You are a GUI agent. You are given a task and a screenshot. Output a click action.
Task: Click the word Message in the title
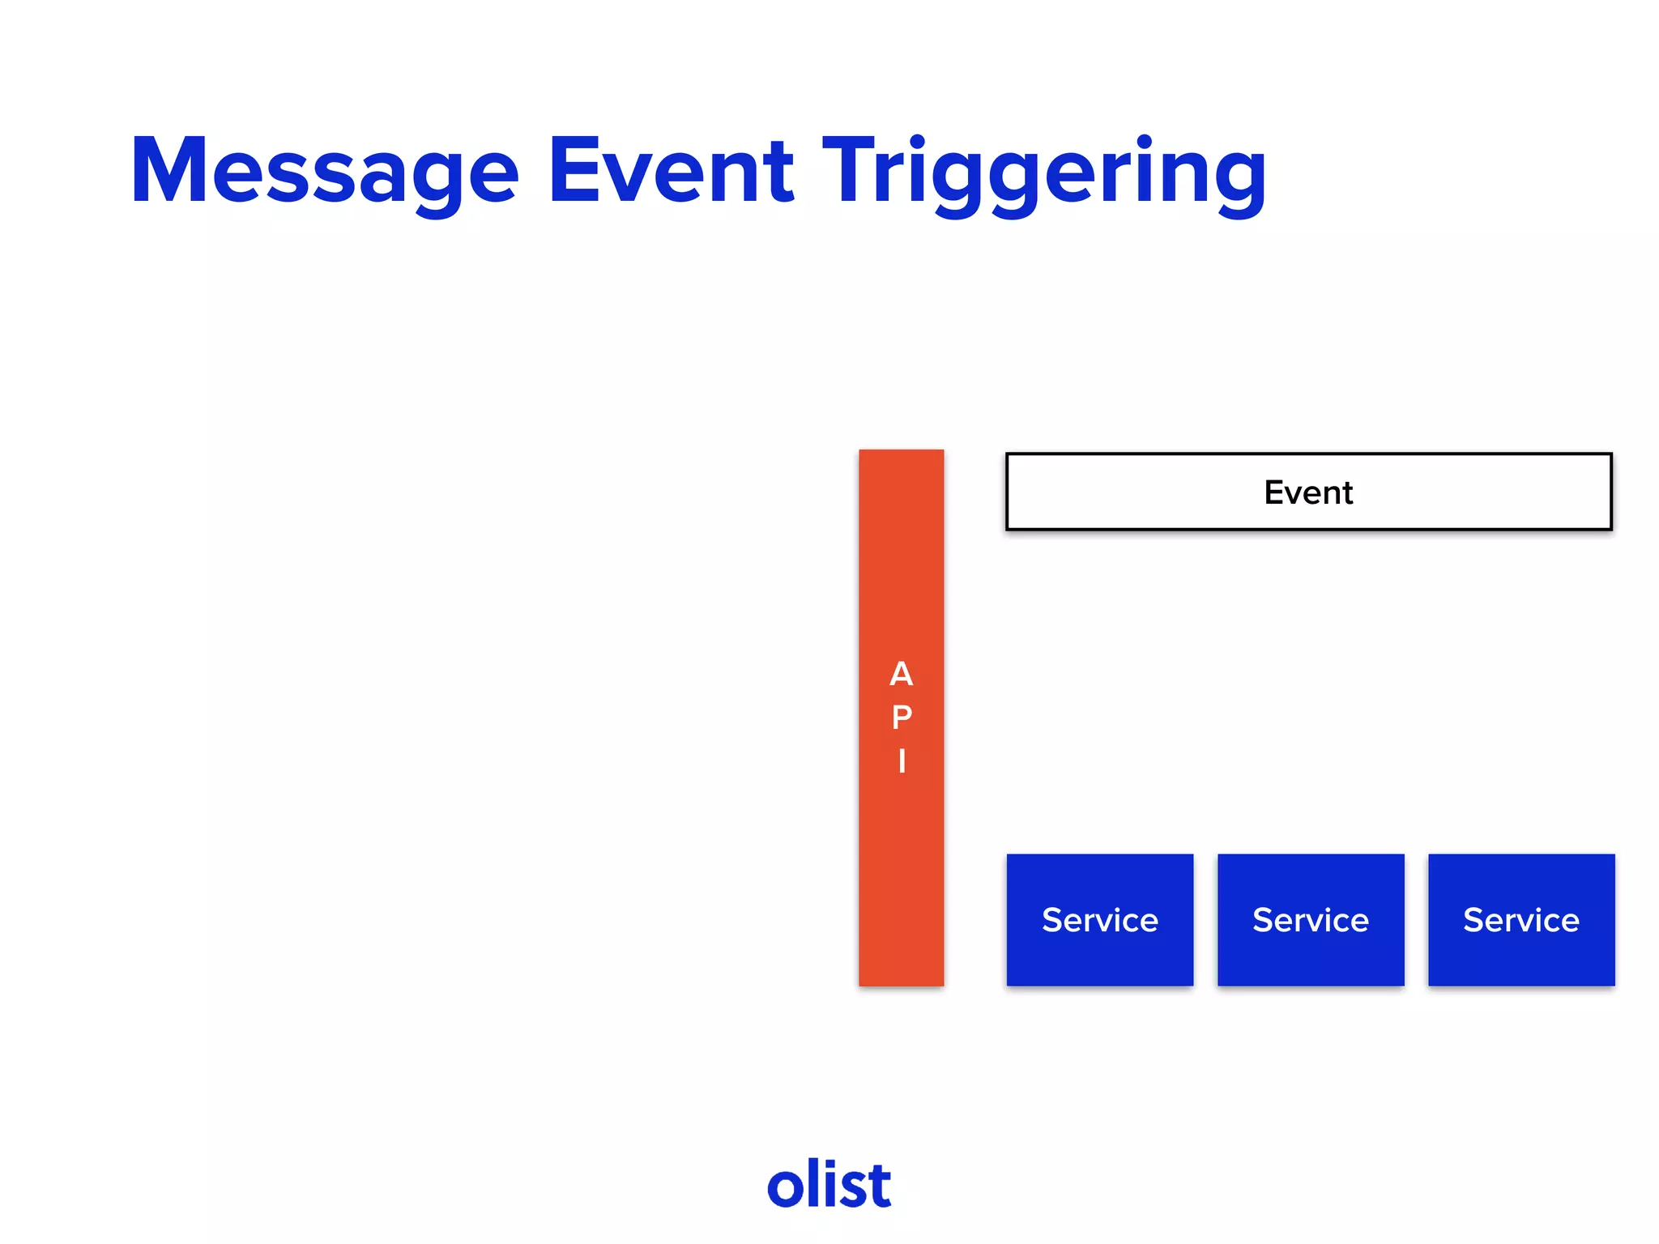click(x=324, y=172)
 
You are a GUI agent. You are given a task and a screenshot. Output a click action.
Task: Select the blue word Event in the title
click(x=671, y=172)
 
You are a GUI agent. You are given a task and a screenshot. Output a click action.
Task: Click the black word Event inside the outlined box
click(x=1308, y=492)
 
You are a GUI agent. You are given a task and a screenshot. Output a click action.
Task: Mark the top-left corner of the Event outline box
click(x=1008, y=454)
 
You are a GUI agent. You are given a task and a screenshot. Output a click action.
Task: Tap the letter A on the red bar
click(x=901, y=674)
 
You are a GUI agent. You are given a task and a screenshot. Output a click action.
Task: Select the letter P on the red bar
click(x=901, y=718)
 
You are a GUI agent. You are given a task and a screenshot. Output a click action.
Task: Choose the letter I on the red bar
click(x=901, y=761)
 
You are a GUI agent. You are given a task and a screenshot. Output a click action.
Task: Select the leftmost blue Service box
click(x=1099, y=920)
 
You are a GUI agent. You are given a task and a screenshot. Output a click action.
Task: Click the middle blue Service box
click(x=1311, y=920)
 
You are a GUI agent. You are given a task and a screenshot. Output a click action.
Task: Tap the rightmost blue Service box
click(x=1521, y=920)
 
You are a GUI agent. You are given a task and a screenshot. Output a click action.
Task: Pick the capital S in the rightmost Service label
click(x=1473, y=920)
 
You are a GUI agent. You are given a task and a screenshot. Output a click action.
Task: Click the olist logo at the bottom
click(x=829, y=1185)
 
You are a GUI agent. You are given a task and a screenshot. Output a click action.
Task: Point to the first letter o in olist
click(x=785, y=1189)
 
